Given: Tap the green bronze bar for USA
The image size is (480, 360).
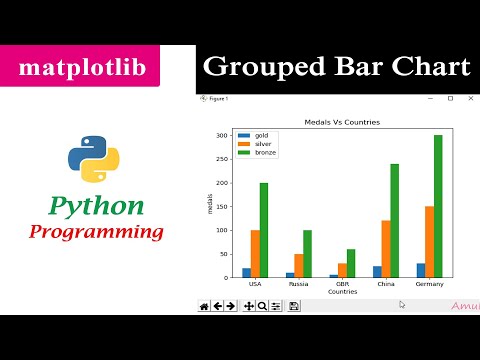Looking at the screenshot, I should click(264, 230).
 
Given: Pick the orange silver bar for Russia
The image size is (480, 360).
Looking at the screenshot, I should click(298, 265).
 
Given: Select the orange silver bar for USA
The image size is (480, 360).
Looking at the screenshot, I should click(255, 254).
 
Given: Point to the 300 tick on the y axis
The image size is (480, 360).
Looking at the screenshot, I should click(225, 135).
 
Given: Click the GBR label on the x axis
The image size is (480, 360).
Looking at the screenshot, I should click(341, 284).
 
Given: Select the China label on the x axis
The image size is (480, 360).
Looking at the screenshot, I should click(385, 284).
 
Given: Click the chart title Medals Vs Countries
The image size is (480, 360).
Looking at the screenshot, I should click(342, 122).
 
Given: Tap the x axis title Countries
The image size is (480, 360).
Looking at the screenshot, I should click(342, 292).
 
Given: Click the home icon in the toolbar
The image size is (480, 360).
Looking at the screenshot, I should click(204, 306).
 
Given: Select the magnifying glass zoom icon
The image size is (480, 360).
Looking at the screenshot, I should click(262, 306).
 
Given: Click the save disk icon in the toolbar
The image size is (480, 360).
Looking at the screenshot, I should click(294, 306).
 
